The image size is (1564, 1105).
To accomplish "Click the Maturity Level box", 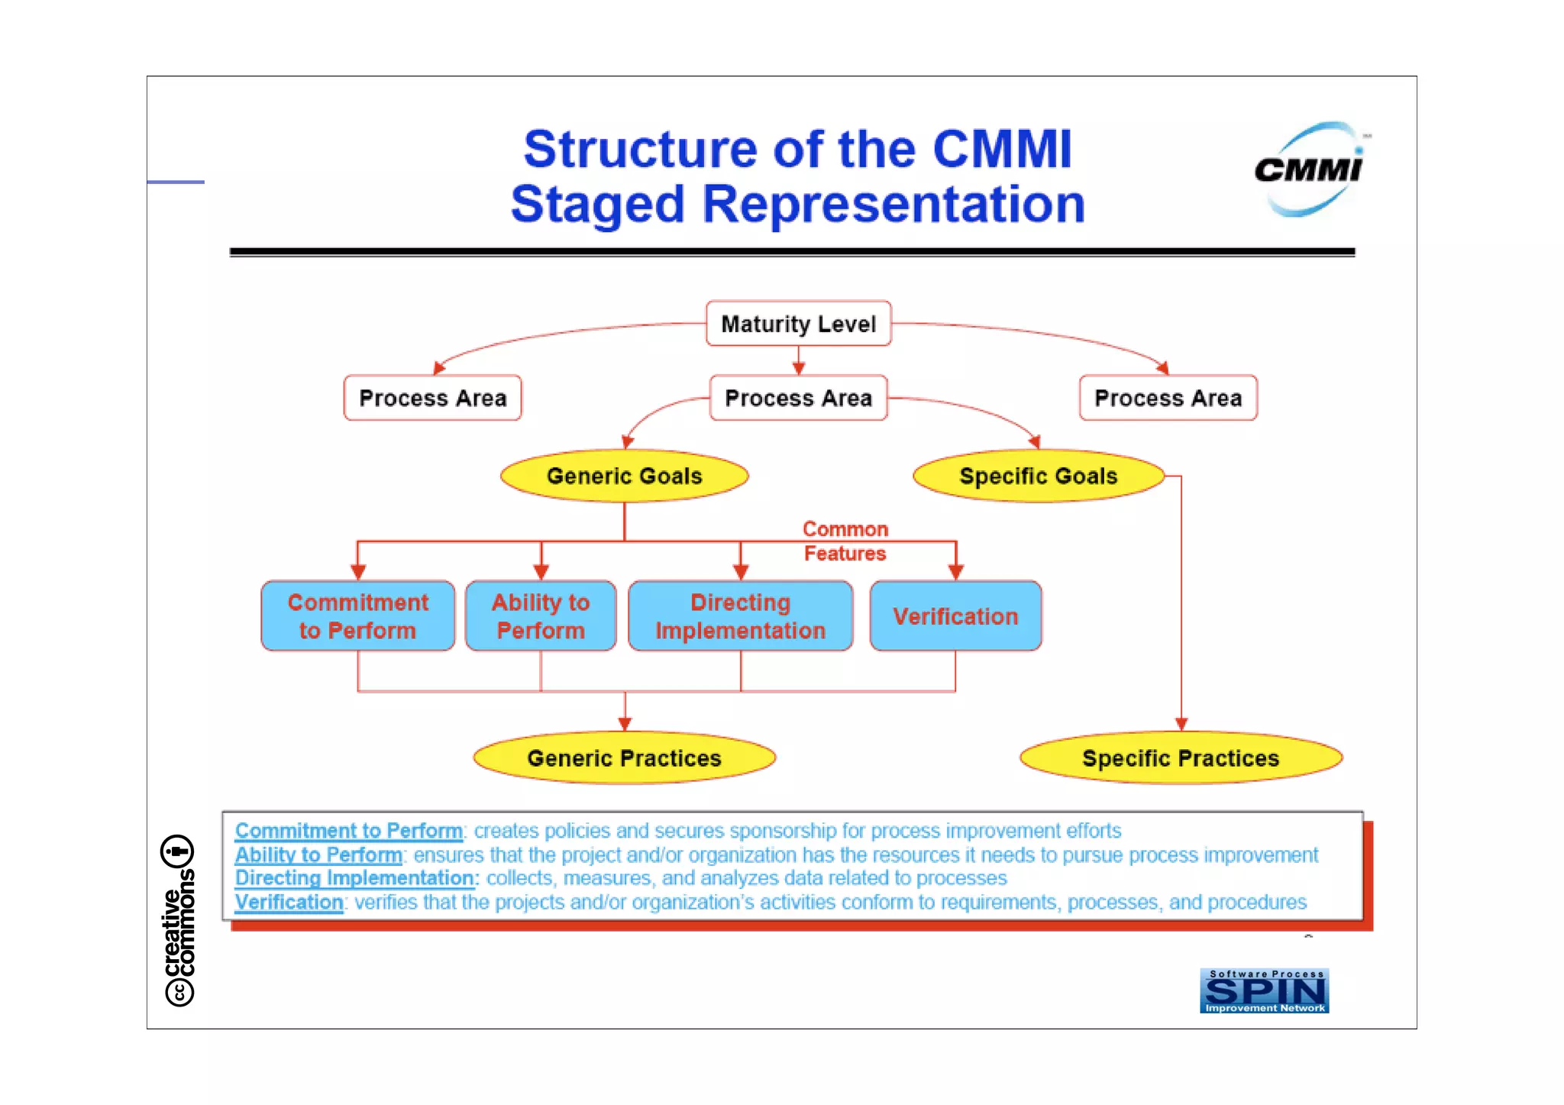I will click(798, 324).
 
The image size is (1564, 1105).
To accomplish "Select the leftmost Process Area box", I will click(432, 398).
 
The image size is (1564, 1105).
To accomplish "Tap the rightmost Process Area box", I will click(1168, 398).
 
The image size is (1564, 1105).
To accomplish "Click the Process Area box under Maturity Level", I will click(798, 398).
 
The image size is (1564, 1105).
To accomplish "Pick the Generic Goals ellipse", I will click(624, 476).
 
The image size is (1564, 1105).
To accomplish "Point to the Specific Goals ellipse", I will click(1038, 476).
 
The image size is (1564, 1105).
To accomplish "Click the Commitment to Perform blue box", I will click(357, 616).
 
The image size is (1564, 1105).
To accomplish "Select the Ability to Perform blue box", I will click(540, 616).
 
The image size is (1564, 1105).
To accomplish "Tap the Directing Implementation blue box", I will click(740, 616).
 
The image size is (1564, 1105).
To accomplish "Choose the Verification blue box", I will click(955, 616).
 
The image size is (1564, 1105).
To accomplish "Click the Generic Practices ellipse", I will click(624, 758).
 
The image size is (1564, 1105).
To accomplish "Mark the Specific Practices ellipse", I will click(1181, 758).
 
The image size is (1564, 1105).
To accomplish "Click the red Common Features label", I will click(845, 541).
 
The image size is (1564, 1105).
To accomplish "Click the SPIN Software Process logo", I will click(1264, 990).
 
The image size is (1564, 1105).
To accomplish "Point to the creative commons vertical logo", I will click(179, 921).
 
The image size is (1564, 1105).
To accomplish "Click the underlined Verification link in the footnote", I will click(289, 903).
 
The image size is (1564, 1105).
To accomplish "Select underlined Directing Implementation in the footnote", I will click(355, 878).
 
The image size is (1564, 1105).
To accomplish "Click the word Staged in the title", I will click(597, 205).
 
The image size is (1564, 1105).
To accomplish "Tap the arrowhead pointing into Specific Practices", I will click(1181, 724).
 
